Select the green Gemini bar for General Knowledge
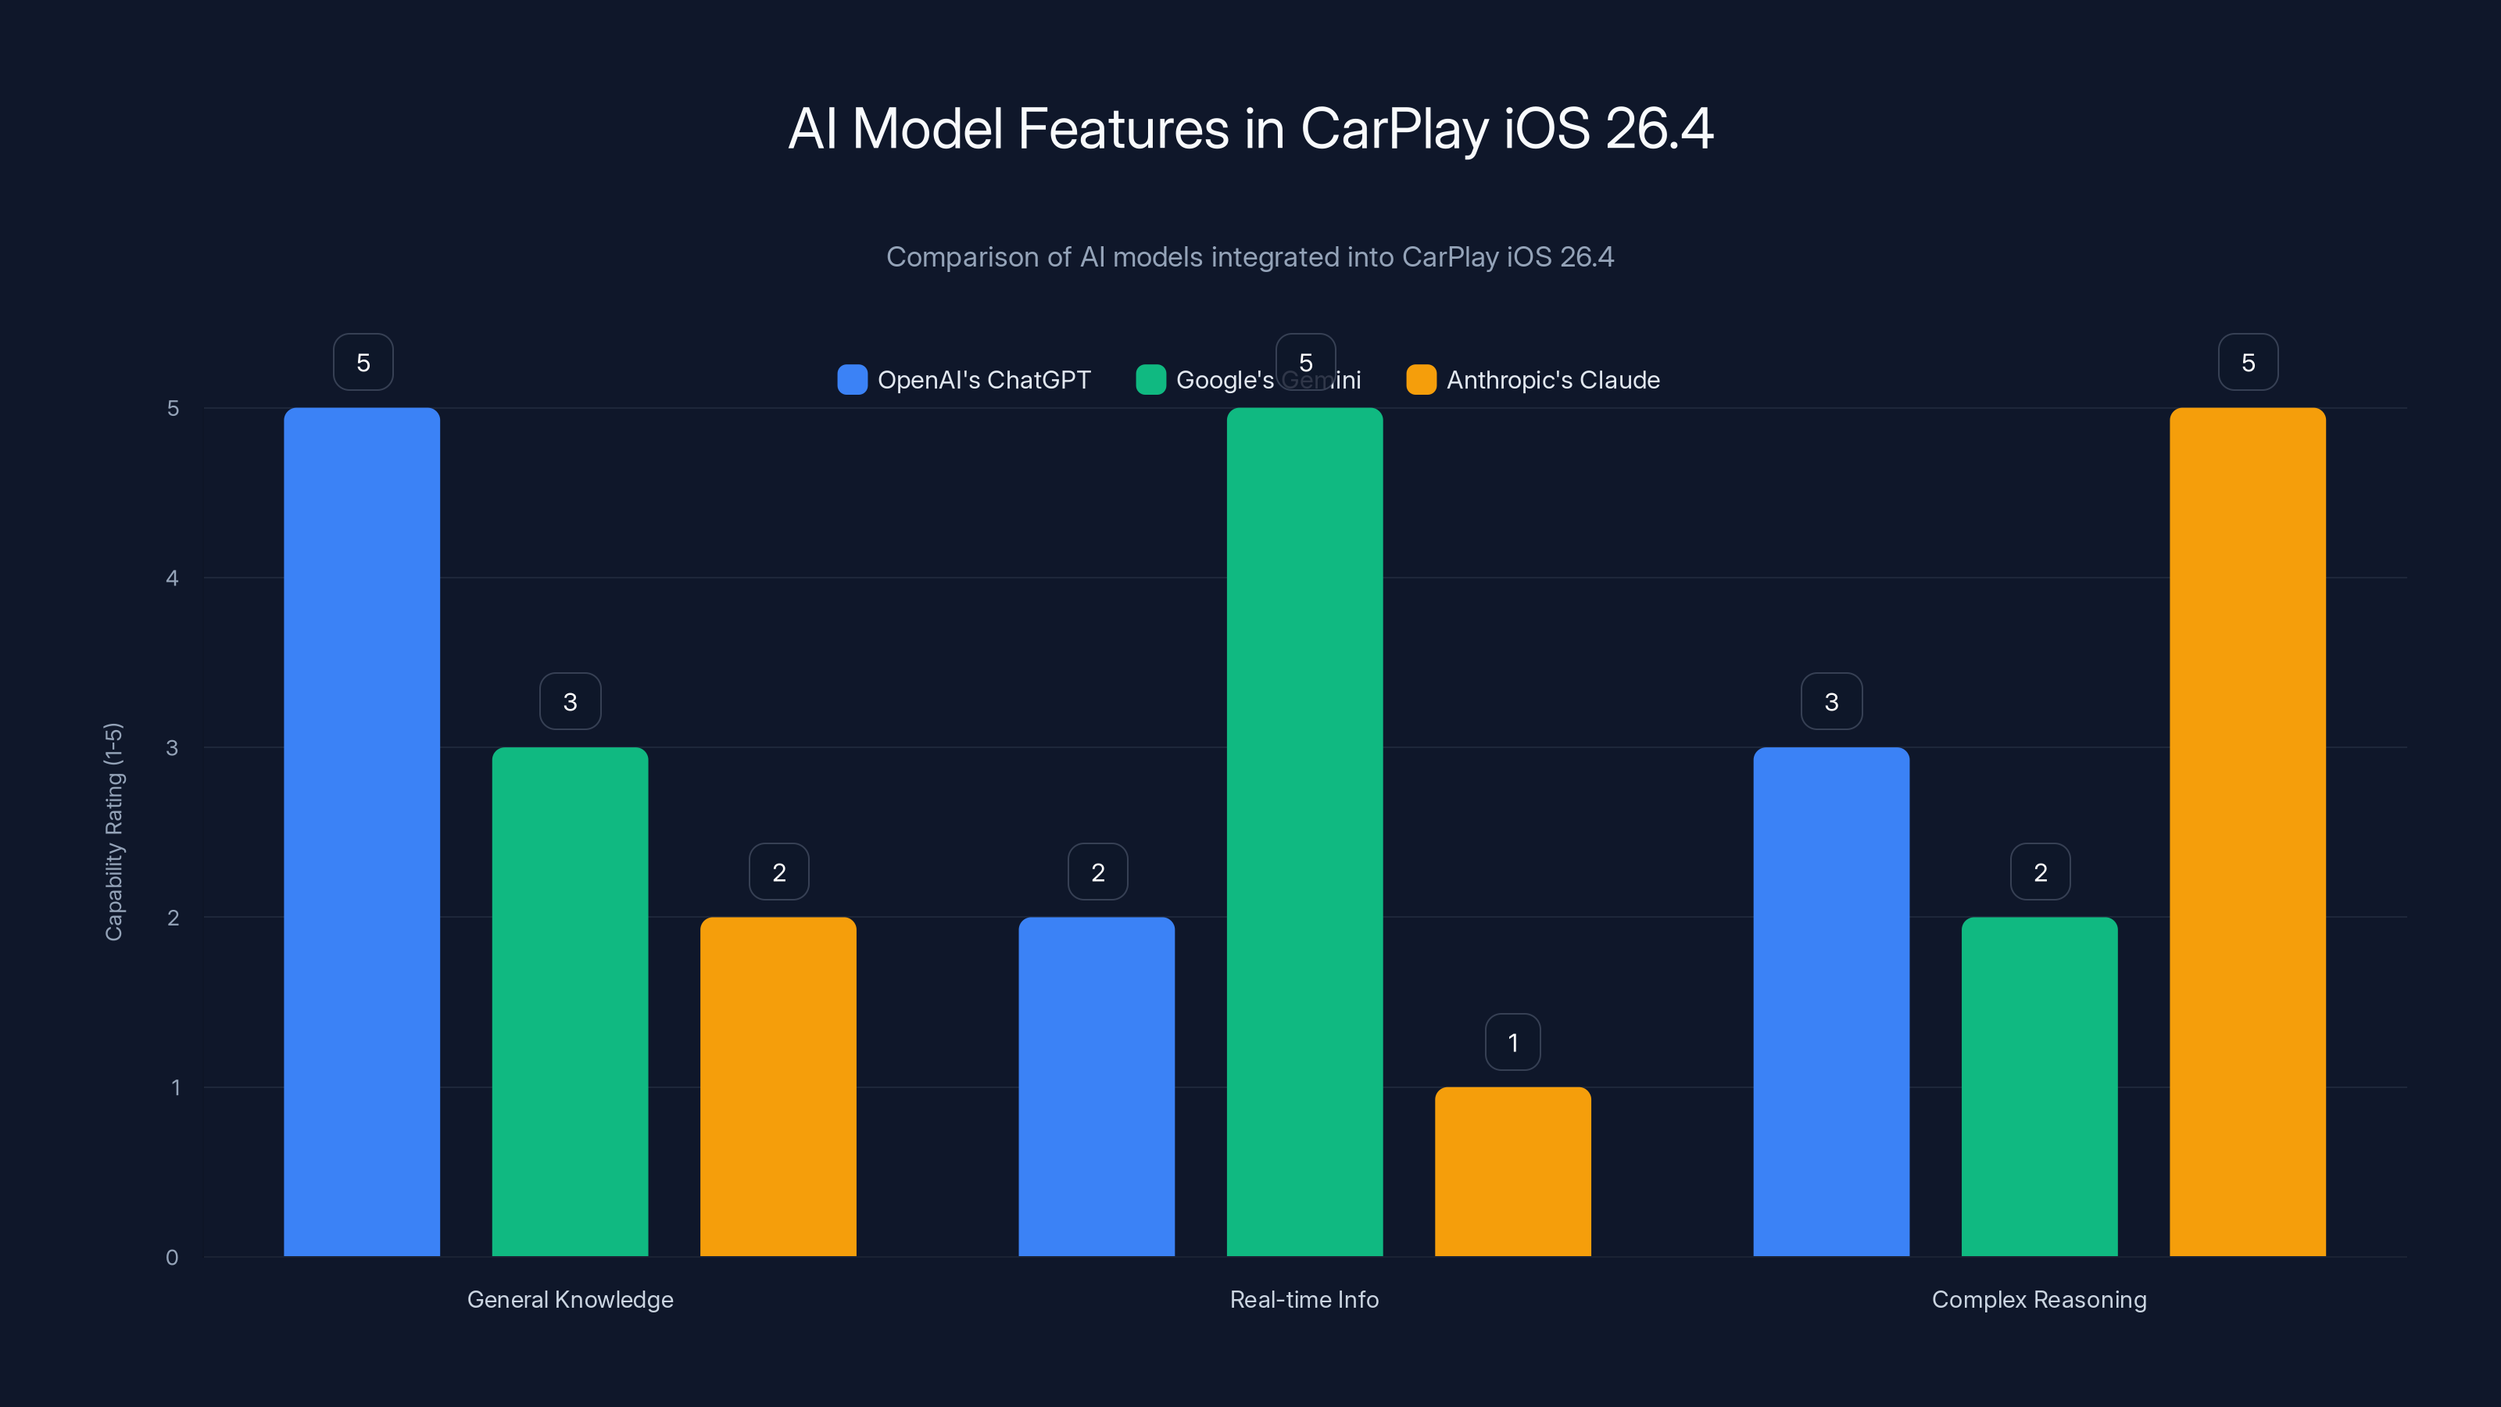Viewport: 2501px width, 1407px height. [x=570, y=1001]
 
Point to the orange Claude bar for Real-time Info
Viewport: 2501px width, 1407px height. [x=1512, y=1171]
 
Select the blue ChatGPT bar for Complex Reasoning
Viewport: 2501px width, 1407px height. [x=1831, y=1001]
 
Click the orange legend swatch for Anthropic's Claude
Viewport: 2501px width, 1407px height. [x=1420, y=380]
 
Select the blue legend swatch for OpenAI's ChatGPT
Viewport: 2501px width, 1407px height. [x=851, y=380]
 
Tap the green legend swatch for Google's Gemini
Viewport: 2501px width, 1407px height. [x=1150, y=380]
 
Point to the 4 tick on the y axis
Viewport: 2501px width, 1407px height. [x=173, y=578]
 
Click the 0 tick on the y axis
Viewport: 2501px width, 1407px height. [x=173, y=1258]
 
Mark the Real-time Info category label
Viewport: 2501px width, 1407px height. [x=1304, y=1299]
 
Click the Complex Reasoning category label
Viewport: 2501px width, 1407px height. [x=2039, y=1299]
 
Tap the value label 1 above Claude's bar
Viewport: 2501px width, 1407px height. [x=1512, y=1042]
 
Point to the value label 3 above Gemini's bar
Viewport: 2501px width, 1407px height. [x=570, y=701]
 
